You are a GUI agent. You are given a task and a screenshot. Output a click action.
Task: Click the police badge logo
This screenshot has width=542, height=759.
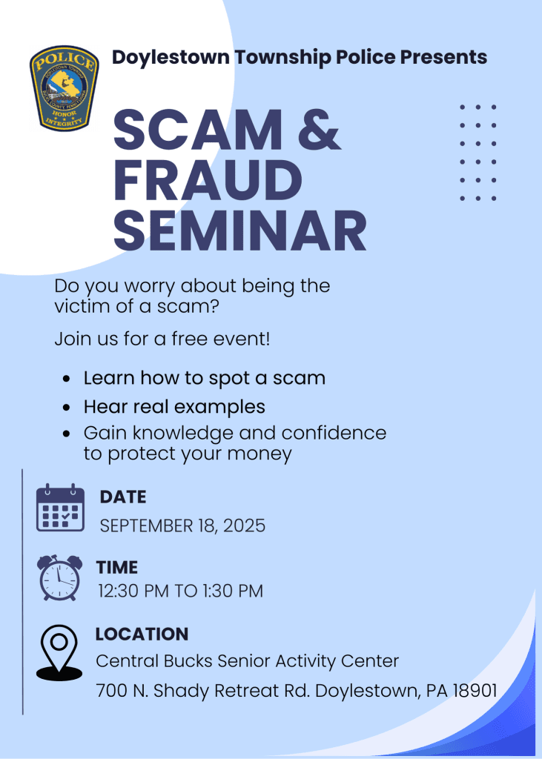click(65, 88)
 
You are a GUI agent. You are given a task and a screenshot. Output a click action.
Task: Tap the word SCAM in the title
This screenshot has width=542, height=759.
click(198, 130)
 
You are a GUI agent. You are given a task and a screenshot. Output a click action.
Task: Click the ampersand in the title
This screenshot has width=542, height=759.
click(317, 129)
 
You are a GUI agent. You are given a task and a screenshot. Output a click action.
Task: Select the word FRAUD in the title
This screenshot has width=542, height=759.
click(208, 180)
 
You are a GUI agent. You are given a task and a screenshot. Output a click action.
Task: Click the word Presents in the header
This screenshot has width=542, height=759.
click(443, 57)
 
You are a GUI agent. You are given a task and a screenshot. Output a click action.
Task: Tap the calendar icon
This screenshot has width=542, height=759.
click(61, 508)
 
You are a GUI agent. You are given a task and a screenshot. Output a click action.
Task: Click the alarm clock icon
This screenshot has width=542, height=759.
click(60, 577)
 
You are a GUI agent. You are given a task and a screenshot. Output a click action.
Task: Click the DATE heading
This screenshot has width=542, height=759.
click(123, 497)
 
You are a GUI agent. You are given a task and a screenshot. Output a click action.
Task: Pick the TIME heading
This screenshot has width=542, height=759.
click(116, 567)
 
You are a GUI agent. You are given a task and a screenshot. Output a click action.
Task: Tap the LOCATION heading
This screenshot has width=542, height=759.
click(142, 634)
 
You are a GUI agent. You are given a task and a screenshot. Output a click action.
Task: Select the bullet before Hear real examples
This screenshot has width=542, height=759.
click(67, 407)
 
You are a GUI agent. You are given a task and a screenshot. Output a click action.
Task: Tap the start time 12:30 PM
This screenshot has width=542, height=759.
click(133, 591)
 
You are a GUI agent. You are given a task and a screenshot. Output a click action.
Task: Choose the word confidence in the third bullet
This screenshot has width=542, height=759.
click(334, 433)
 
